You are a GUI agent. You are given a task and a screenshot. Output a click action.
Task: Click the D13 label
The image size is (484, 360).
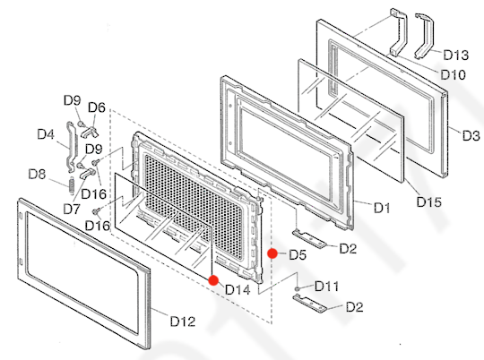coord(454,55)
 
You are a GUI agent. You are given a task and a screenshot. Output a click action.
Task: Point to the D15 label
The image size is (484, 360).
coord(428,202)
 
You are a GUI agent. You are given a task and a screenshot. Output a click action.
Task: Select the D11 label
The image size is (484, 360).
coord(327,287)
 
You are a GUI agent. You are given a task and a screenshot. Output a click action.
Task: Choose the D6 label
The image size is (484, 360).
coord(96,107)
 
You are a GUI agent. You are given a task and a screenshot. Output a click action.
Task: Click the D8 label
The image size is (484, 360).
coord(38,174)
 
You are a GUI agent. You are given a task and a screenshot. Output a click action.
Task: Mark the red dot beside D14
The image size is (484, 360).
coord(213,280)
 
